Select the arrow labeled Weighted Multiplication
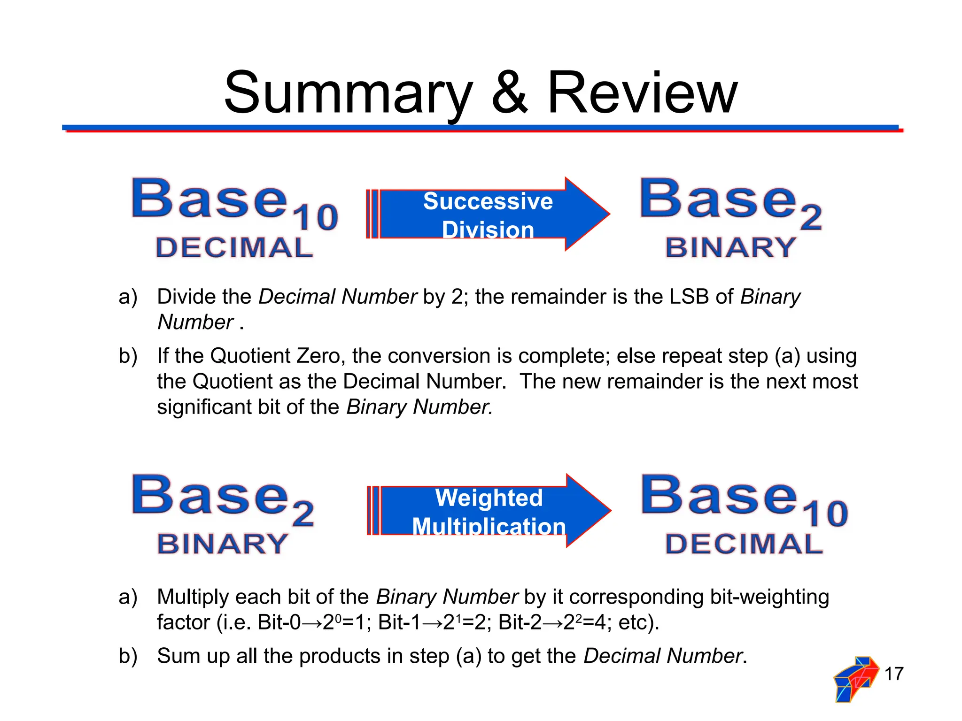(489, 511)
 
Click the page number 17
(894, 674)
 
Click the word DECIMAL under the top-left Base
(234, 247)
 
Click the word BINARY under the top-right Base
(731, 247)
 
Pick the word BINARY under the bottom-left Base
(223, 544)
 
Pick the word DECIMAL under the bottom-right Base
(744, 544)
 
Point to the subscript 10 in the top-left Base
(315, 218)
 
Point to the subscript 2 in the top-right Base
(811, 218)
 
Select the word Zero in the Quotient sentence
(321, 356)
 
